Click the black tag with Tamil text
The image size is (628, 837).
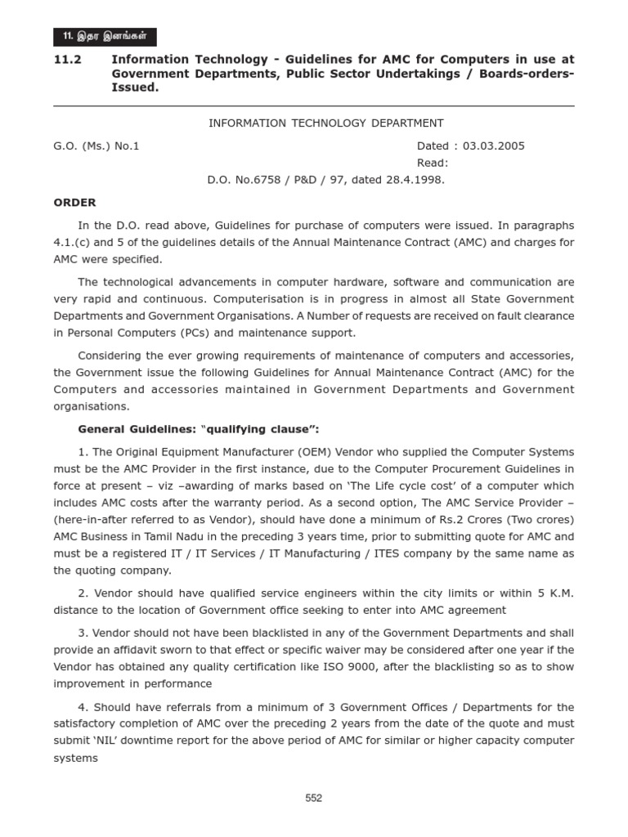click(104, 37)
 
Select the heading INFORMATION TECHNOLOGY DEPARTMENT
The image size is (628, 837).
click(326, 123)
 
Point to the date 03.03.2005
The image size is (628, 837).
click(494, 146)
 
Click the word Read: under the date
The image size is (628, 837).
click(433, 163)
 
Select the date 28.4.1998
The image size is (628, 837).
click(417, 179)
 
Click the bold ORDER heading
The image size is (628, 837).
click(74, 202)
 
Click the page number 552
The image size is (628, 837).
click(314, 799)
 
